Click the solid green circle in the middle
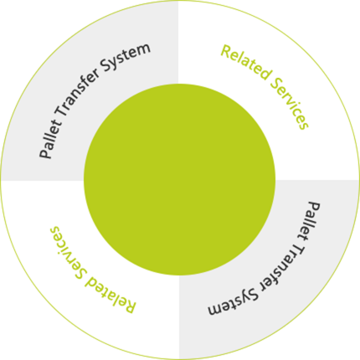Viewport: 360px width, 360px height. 180,180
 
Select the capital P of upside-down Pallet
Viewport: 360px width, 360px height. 314,207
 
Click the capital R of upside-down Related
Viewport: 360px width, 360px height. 131,306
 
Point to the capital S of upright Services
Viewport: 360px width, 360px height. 275,83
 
